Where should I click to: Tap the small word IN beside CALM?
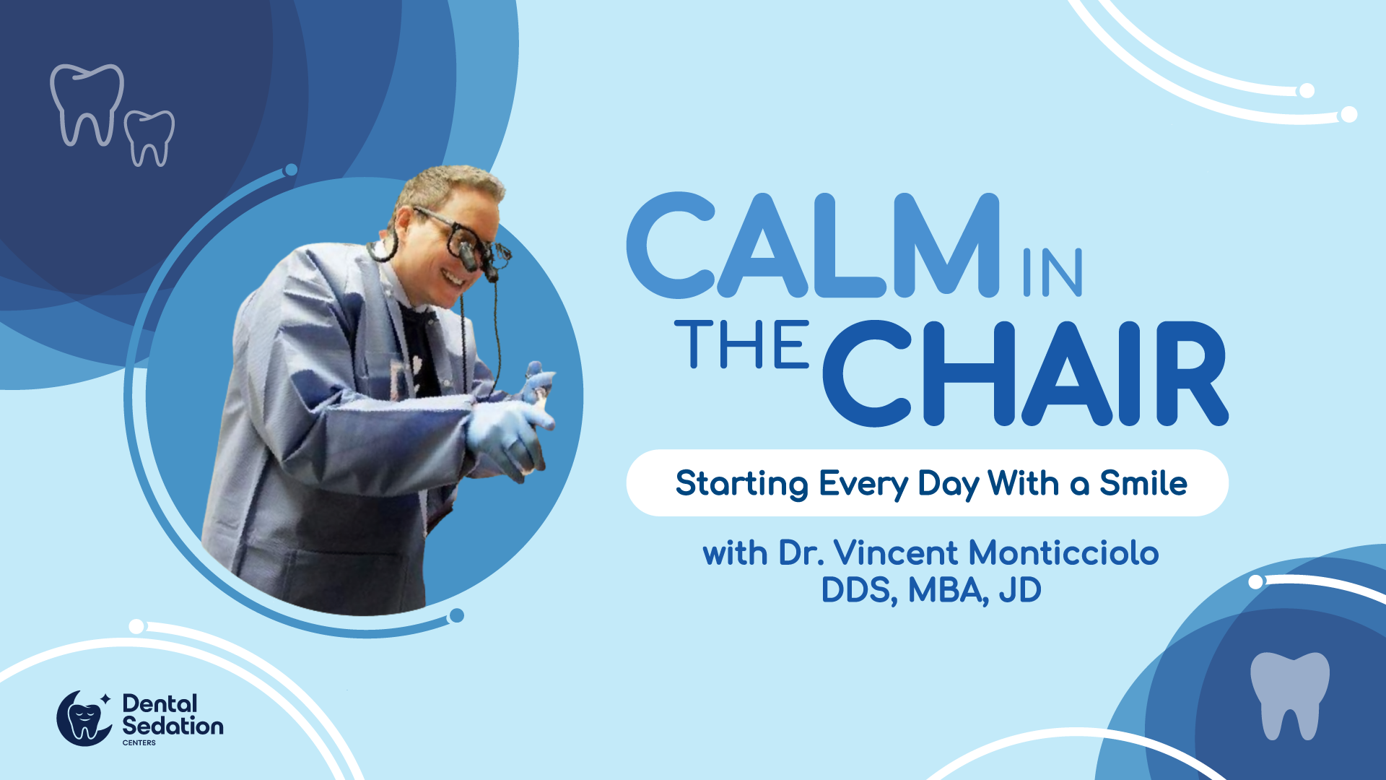[1052, 272]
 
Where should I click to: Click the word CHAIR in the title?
[1025, 373]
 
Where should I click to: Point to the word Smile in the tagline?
[1143, 483]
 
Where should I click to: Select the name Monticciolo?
[1063, 553]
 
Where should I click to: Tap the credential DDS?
[859, 591]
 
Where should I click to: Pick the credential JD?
[1020, 590]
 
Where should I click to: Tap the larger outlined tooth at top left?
[87, 105]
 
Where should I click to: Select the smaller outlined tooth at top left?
[149, 138]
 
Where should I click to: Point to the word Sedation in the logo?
[173, 726]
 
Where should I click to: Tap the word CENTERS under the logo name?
[139, 742]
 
